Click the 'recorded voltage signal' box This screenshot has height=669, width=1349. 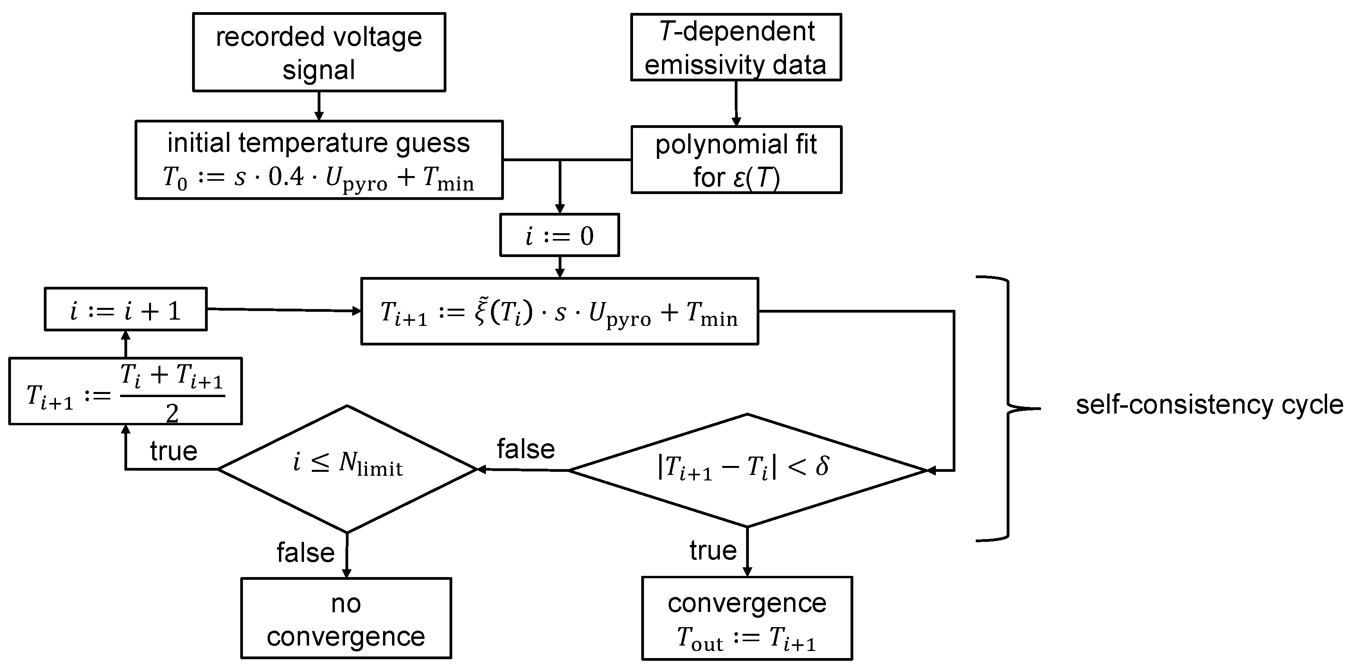pos(319,52)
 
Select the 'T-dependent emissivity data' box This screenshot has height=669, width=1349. pos(736,47)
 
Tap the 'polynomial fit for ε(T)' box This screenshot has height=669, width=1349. pos(736,160)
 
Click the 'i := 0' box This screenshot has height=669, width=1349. pos(559,235)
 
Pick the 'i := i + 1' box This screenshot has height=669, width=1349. pos(126,309)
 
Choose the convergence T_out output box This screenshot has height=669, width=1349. pos(747,618)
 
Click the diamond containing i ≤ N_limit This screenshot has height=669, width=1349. pos(347,469)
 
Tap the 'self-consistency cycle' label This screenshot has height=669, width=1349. pos(1209,405)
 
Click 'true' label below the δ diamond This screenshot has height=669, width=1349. pos(713,550)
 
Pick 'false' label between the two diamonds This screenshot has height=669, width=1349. pos(525,449)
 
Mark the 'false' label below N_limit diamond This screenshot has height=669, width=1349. pos(305,552)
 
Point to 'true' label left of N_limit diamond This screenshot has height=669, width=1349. pos(173,451)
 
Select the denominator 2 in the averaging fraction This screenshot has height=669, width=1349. pos(172,414)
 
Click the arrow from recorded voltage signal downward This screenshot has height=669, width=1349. pos(318,107)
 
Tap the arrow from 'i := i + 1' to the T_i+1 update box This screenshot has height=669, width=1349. pos(283,310)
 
